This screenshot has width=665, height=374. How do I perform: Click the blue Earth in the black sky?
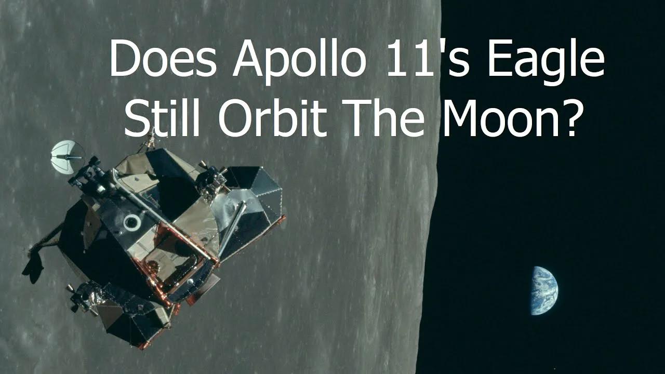pos(543,291)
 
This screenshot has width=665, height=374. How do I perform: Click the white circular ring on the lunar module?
pos(132,222)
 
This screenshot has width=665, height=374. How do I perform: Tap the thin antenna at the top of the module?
pos(151,136)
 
